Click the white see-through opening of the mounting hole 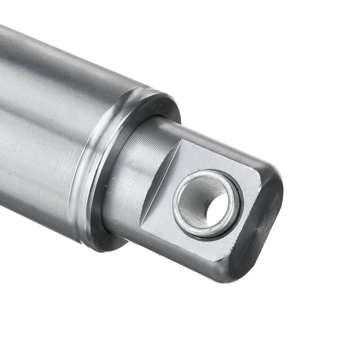click(x=217, y=210)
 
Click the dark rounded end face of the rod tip click(x=265, y=225)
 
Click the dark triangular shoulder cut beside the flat click(x=160, y=180)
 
